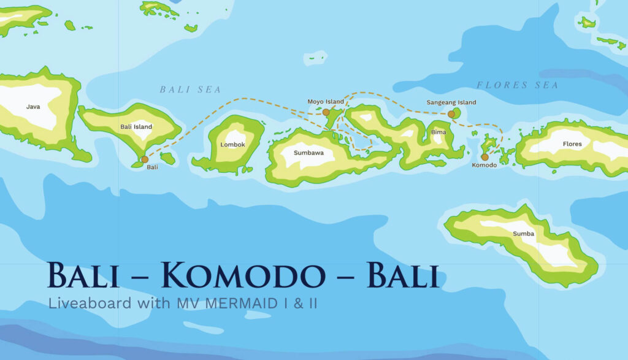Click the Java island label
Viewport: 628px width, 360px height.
[x=33, y=107]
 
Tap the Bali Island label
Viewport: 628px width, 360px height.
[x=136, y=127]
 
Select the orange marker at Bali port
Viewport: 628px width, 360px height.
[x=144, y=159]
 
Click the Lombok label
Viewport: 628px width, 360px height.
[x=232, y=145]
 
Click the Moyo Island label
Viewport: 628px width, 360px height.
[x=326, y=102]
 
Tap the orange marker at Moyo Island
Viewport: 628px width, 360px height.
[x=326, y=112]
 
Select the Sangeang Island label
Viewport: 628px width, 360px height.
[x=451, y=102]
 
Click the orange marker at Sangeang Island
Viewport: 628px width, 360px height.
[x=451, y=114]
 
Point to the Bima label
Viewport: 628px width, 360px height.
[x=438, y=132]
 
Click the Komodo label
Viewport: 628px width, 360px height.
[x=484, y=166]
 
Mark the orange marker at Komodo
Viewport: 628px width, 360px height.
[x=484, y=157]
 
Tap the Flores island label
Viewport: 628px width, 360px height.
[x=572, y=144]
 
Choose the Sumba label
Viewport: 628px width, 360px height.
[x=524, y=234]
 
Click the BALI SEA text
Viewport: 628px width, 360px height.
[x=190, y=90]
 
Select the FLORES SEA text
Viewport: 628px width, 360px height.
[x=518, y=85]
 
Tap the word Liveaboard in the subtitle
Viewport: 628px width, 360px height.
[x=78, y=303]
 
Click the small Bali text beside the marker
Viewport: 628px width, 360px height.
[x=152, y=167]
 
